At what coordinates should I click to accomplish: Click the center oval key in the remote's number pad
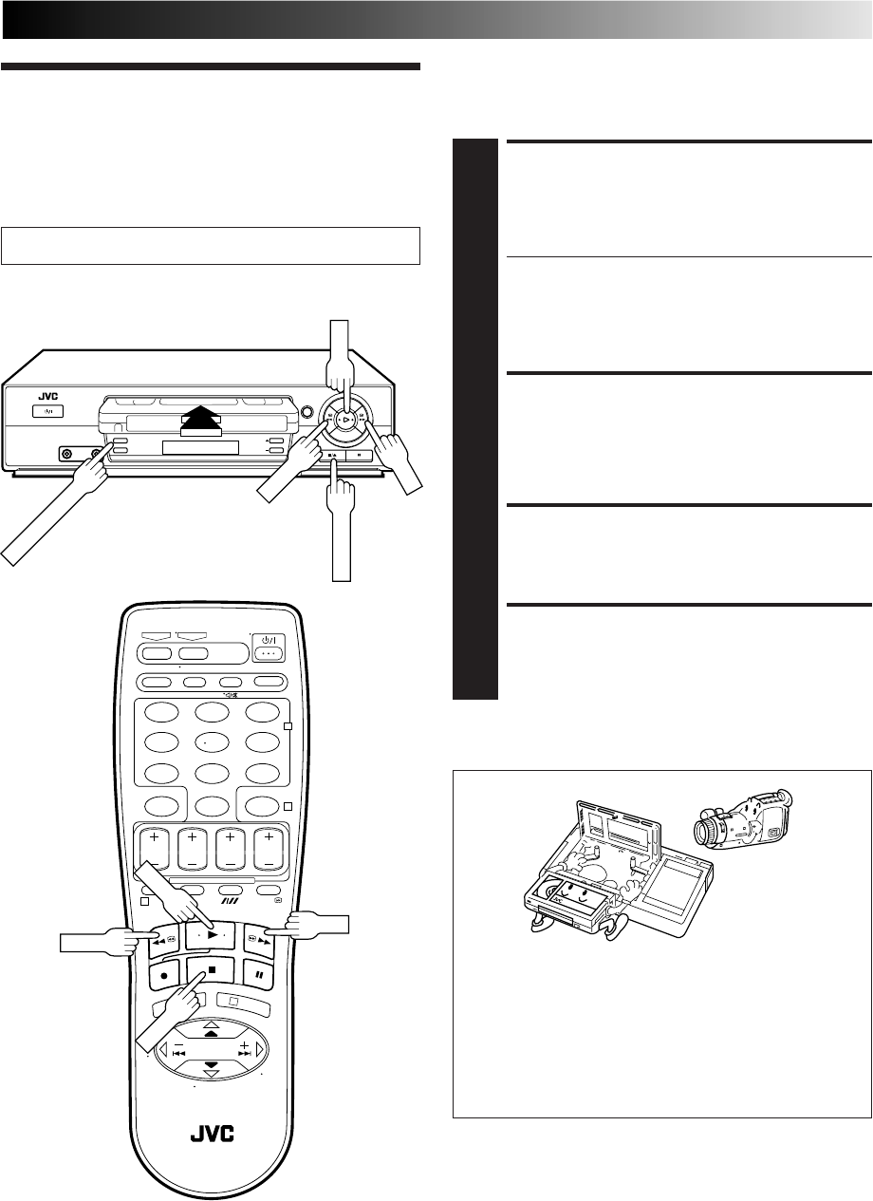pyautogui.click(x=205, y=742)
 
